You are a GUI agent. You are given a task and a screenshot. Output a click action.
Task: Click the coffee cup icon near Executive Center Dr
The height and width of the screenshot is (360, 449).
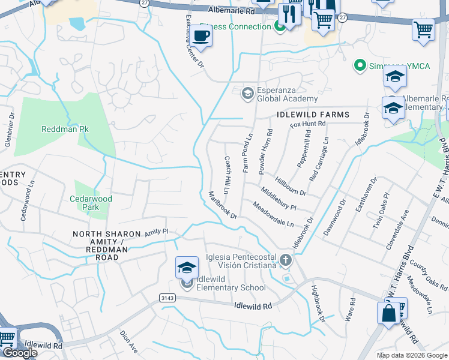tap(202, 36)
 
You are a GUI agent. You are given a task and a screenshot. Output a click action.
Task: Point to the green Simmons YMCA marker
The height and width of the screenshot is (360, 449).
tap(360, 65)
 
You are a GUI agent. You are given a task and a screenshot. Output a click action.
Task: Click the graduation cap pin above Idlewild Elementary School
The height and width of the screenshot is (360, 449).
tap(187, 268)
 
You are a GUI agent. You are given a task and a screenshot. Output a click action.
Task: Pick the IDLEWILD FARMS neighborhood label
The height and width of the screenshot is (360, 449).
tap(313, 115)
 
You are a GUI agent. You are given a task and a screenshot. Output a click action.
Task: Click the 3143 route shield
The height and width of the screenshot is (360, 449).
tap(167, 298)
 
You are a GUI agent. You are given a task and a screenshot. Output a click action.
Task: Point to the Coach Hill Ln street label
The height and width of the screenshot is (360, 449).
tap(228, 175)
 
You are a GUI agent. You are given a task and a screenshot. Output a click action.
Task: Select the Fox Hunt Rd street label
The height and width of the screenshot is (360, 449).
tap(307, 124)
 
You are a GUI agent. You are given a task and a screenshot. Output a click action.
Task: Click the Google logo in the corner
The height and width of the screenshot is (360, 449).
tap(20, 353)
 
